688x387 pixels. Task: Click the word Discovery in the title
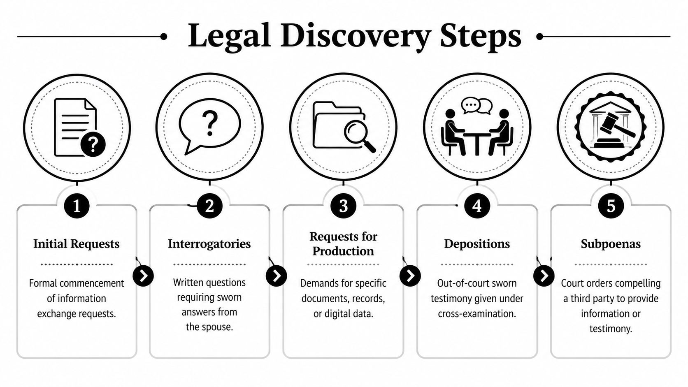(356, 36)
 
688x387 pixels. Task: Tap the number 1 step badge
(77, 205)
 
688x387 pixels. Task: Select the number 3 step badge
(343, 205)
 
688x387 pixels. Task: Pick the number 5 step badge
(611, 205)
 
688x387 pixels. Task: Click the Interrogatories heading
(209, 244)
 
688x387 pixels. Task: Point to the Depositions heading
(477, 244)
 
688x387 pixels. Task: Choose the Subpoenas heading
(611, 244)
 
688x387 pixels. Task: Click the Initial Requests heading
(76, 244)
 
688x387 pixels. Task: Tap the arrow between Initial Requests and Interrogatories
(143, 276)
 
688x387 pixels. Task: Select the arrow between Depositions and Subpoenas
(544, 276)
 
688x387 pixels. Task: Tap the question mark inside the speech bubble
(210, 123)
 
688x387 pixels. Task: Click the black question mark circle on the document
(93, 144)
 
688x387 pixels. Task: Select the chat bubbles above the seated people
(476, 106)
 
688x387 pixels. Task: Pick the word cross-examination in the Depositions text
(476, 314)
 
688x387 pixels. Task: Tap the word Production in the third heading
(343, 251)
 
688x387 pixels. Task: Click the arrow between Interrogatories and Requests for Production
(276, 276)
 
